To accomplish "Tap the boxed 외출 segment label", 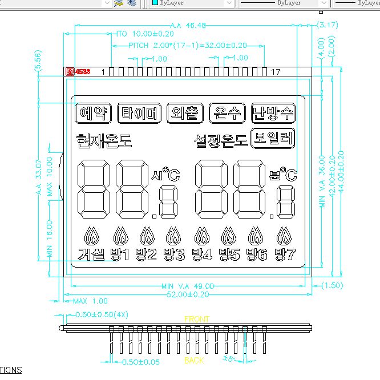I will [185, 113].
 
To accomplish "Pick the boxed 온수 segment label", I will [227, 113].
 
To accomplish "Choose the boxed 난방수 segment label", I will [273, 113].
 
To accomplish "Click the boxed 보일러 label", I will [273, 139].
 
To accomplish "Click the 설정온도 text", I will [220, 139].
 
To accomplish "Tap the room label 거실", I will [91, 254].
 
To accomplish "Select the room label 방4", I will [202, 254].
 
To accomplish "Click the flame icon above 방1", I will [120, 235].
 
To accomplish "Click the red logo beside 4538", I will [70, 72].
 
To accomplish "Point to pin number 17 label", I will [276, 72].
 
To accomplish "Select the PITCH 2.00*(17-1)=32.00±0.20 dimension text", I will [188, 45].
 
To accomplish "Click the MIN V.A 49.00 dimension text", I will [188, 286].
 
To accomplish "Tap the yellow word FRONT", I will [197, 319].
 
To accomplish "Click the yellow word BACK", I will [194, 361].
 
